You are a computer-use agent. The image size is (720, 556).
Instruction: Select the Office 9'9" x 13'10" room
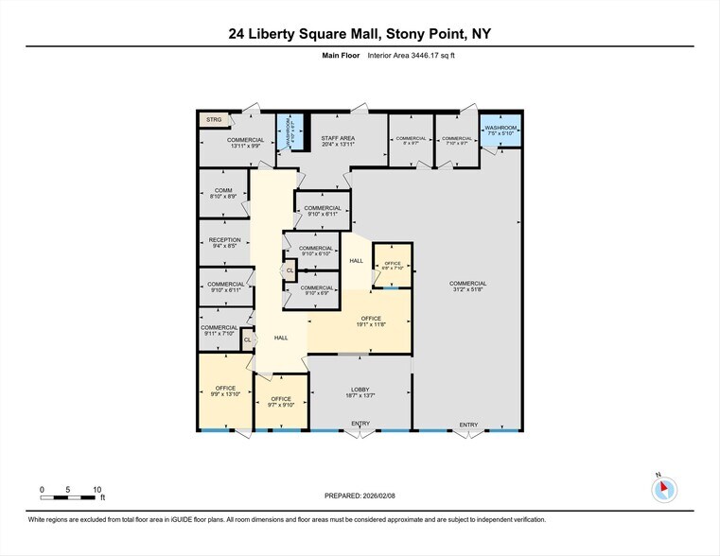click(x=225, y=391)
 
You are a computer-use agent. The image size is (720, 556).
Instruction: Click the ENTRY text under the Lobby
click(x=360, y=424)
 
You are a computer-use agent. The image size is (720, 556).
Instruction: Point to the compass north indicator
click(x=665, y=488)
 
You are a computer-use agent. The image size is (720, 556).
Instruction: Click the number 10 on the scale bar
click(x=97, y=490)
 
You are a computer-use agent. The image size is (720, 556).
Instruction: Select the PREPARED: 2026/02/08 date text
click(x=360, y=495)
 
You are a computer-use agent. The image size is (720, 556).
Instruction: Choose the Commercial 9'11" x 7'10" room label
click(x=220, y=330)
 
